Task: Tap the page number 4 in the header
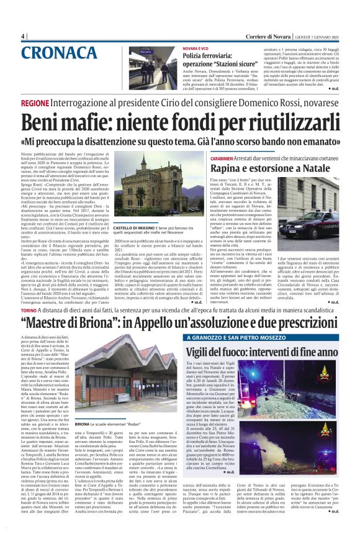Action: (23, 36)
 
